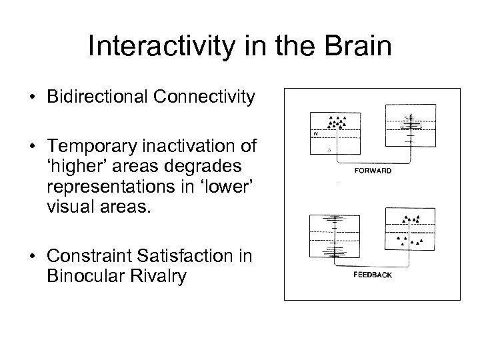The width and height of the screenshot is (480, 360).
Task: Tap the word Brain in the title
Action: (x=359, y=47)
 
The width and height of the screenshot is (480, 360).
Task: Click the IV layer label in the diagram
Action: (x=315, y=134)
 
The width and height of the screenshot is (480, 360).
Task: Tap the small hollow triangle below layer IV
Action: (x=329, y=150)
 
